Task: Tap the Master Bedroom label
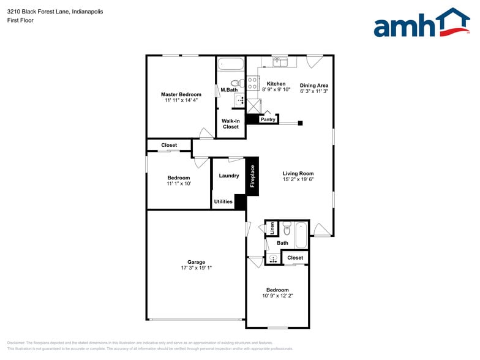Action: click(x=181, y=94)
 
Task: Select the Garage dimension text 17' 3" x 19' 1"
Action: click(x=196, y=268)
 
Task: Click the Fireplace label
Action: click(x=252, y=176)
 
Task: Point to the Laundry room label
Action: click(x=228, y=176)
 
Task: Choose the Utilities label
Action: click(x=223, y=201)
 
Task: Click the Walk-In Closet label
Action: click(x=230, y=124)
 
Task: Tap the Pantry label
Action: click(x=268, y=119)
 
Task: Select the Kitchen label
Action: click(x=276, y=84)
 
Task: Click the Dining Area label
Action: click(x=314, y=86)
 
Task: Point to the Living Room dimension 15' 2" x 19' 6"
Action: click(x=298, y=180)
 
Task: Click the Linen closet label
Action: click(x=272, y=228)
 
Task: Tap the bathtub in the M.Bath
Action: click(x=231, y=64)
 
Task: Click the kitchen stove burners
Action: click(x=252, y=83)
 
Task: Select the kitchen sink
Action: click(x=280, y=61)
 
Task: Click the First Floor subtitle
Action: click(x=20, y=20)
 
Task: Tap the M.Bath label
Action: click(x=229, y=90)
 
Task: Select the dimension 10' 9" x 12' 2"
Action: click(x=277, y=296)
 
